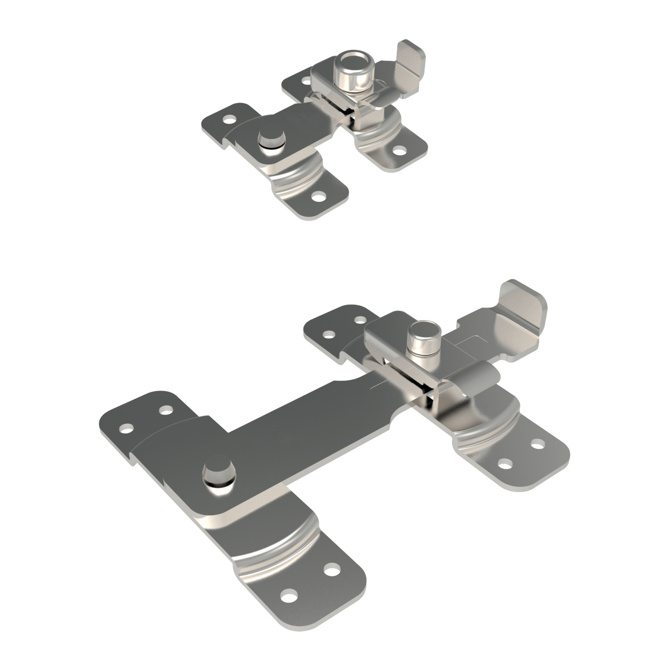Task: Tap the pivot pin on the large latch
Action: [x=219, y=476]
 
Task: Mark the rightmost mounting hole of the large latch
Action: [x=535, y=444]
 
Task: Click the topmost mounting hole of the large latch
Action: [x=359, y=320]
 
